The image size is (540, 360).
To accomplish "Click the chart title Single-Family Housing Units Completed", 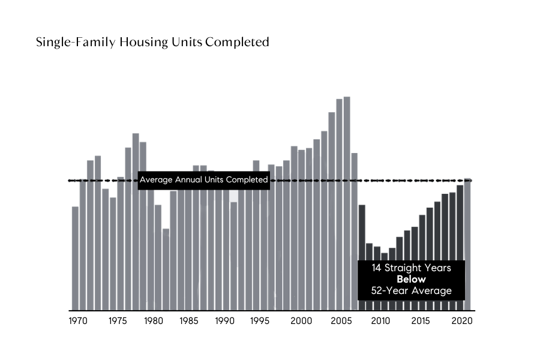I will [152, 43].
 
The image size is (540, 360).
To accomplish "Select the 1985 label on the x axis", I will [189, 321].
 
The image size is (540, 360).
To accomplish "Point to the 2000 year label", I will [302, 321].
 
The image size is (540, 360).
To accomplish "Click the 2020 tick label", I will [462, 321].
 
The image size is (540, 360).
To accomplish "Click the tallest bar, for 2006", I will [347, 204].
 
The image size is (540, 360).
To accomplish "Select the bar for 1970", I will [76, 258].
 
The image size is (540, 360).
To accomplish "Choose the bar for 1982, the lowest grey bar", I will [166, 270].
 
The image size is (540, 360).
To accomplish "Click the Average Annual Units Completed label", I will [203, 180].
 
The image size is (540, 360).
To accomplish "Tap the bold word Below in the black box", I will [411, 280].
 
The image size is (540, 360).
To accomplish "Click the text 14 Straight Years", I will [411, 268].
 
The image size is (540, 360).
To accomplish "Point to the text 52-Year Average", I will [411, 292].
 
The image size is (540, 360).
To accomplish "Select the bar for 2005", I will [339, 204].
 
